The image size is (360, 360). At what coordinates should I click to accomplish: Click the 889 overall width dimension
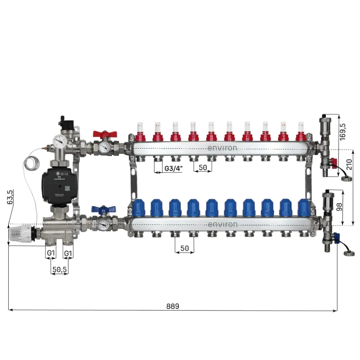(172, 306)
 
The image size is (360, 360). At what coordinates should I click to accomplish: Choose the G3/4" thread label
(173, 168)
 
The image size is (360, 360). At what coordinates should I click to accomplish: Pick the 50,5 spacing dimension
(59, 269)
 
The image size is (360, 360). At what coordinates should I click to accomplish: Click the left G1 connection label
(51, 253)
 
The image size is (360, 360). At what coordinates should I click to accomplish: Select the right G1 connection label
(68, 253)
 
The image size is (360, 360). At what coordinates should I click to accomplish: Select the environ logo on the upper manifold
(222, 148)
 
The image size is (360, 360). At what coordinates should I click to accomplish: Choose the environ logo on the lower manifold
(222, 224)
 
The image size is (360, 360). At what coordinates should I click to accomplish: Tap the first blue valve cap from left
(138, 208)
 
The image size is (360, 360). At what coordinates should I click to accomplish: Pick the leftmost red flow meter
(139, 132)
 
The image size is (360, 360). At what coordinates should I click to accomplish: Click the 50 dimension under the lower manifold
(184, 248)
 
